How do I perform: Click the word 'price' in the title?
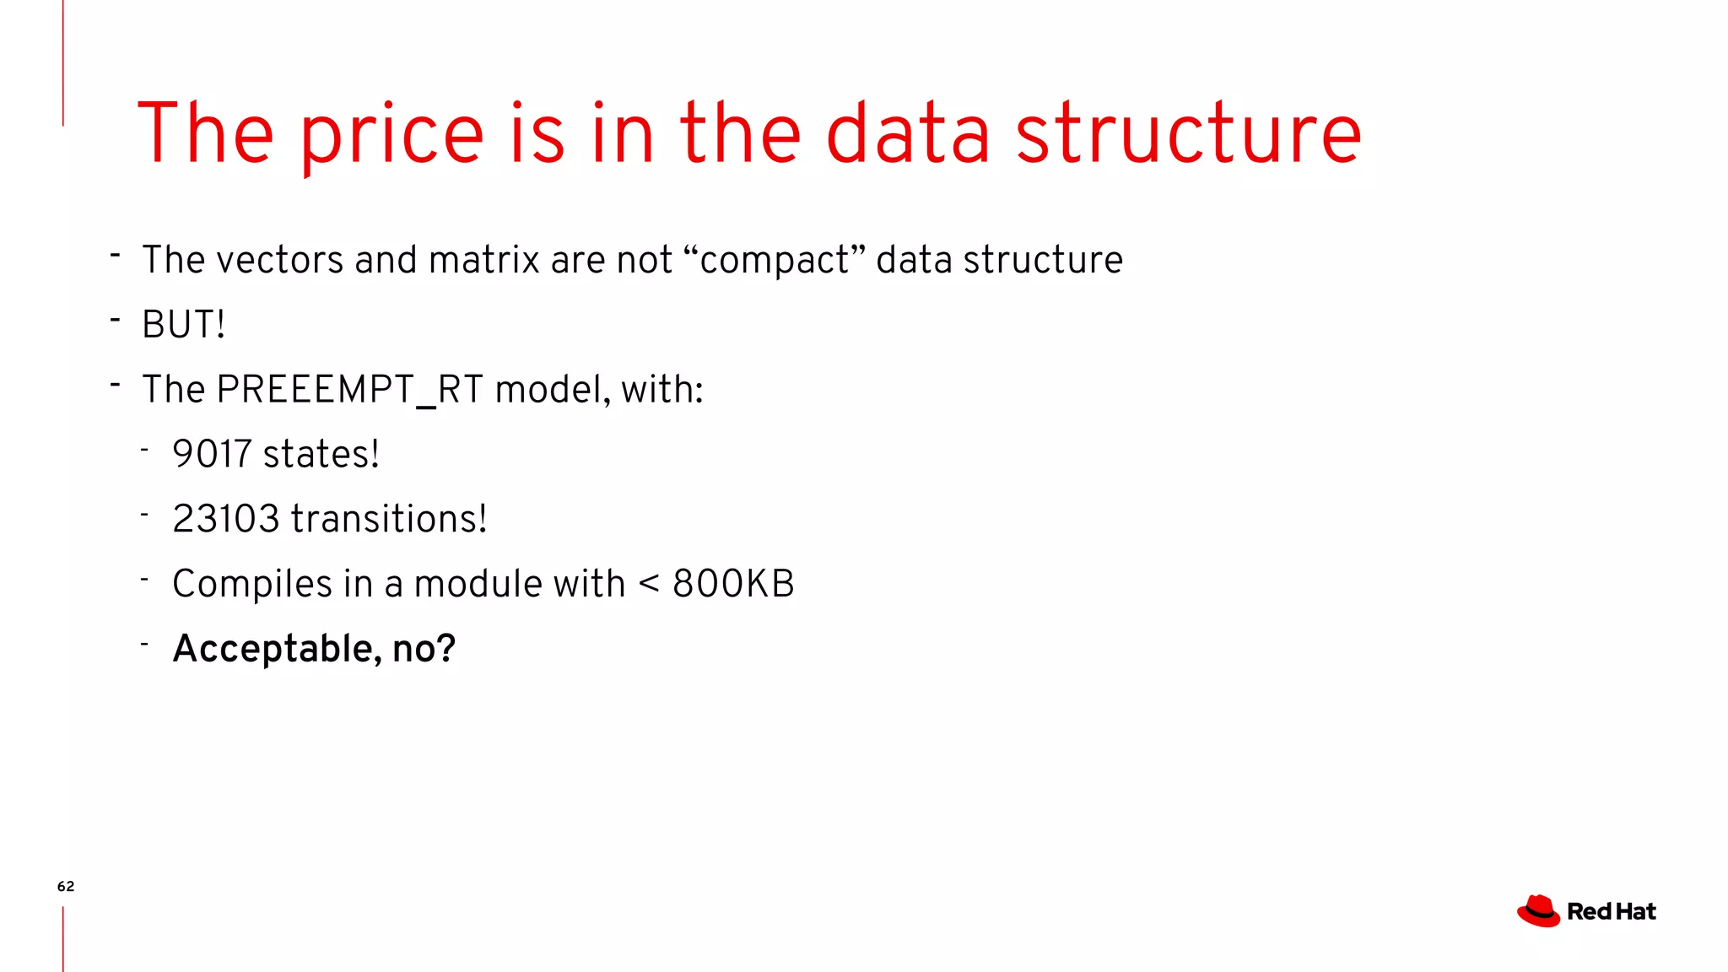(391, 135)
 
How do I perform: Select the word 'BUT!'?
(183, 325)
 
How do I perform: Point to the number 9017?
(212, 454)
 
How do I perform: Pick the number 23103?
(225, 519)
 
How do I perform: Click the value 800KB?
(733, 584)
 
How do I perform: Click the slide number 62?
(66, 886)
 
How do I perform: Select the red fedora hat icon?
(1538, 911)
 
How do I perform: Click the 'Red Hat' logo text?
(1611, 912)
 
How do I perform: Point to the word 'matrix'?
(483, 260)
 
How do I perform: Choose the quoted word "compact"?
(775, 260)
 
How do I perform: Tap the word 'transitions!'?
(389, 519)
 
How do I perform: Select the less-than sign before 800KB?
(649, 584)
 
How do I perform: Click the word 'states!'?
(321, 454)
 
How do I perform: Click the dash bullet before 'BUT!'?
(115, 320)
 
